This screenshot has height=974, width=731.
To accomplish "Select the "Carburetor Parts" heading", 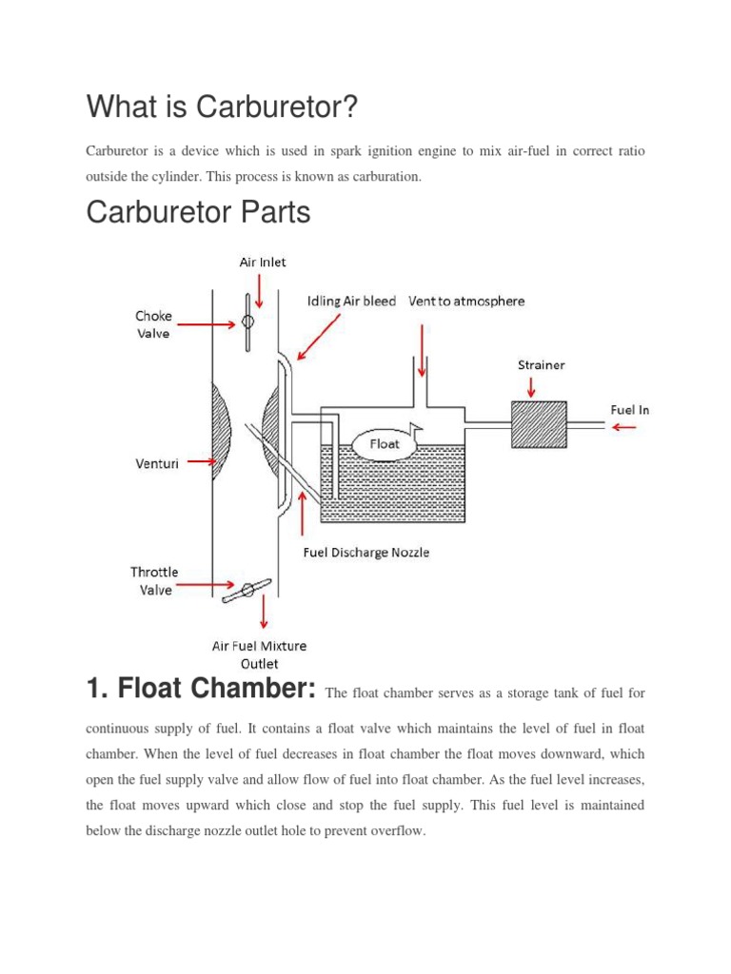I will coord(198,212).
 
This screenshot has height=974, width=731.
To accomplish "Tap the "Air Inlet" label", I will coord(261,263).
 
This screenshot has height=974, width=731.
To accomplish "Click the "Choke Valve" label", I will coord(151,324).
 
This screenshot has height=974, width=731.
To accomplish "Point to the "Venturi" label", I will coord(155,463).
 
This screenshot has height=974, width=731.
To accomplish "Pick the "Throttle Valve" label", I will coord(153,580).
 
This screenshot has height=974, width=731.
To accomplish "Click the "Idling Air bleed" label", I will coord(350,302).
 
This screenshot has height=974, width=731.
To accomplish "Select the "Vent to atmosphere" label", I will coord(466,302).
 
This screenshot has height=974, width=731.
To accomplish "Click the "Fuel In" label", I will coord(629,410).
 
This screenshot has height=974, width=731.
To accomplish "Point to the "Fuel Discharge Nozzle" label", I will coord(365,553).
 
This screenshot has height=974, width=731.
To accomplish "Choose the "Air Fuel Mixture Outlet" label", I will coord(259,654).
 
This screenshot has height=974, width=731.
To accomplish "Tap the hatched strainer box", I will coord(538,424).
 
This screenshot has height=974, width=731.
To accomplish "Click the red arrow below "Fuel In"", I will coord(625,427).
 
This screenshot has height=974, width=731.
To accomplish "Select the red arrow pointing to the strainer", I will coord(531,384).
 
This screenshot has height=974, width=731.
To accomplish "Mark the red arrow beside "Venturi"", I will coord(202,463).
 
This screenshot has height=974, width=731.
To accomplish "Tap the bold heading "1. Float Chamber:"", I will coord(201,690).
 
